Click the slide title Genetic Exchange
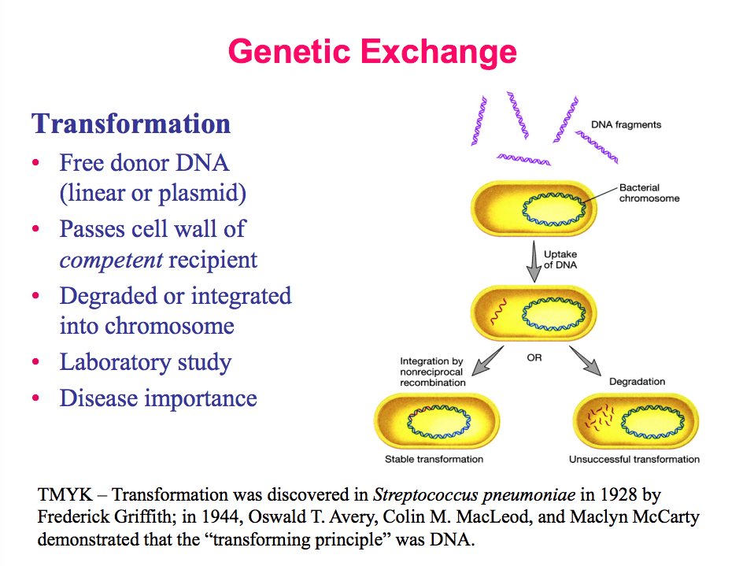tap(372, 52)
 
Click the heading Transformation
tap(131, 124)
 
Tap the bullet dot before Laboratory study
tap(35, 363)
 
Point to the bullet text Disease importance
tap(158, 398)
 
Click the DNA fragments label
tap(626, 124)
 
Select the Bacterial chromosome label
tap(649, 193)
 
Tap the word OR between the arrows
tap(534, 358)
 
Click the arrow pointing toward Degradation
tap(585, 360)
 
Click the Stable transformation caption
tap(434, 459)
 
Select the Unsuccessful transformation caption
tap(634, 459)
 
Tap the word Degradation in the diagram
tap(637, 382)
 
